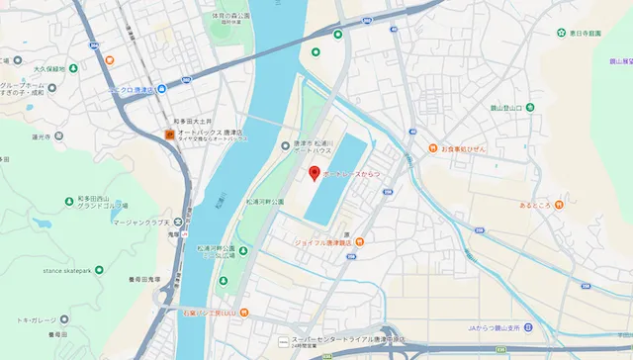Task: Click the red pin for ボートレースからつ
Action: click(315, 174)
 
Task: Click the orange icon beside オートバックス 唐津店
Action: click(169, 134)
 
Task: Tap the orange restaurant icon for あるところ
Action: click(559, 205)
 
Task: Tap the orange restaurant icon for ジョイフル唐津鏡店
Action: click(360, 241)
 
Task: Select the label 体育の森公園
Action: click(231, 17)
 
